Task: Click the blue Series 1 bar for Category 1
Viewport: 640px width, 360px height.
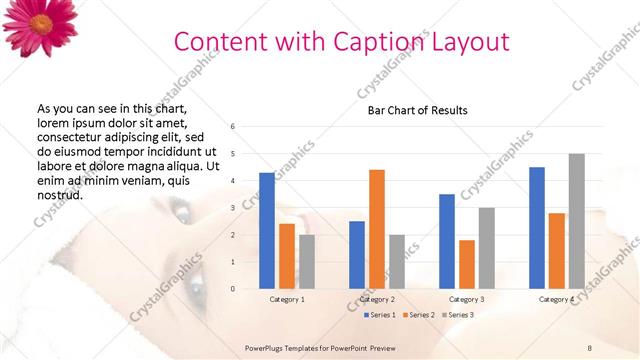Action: coord(267,231)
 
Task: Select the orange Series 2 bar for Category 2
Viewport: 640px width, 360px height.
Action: coord(377,229)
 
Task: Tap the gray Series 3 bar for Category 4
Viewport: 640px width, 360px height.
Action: coord(576,221)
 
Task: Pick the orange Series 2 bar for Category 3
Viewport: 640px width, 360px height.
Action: coord(467,264)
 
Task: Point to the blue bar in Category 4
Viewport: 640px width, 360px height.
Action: coord(537,228)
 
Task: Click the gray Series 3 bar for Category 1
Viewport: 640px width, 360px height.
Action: coord(307,262)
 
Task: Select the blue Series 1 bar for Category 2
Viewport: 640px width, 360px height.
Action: coord(357,255)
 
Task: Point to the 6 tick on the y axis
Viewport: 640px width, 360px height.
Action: coord(232,127)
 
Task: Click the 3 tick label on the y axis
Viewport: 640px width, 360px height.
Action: coord(232,208)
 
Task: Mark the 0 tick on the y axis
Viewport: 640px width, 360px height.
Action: coord(232,289)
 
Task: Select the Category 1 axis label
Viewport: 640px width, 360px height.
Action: coord(287,299)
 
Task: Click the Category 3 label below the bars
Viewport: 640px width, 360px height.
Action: coord(467,299)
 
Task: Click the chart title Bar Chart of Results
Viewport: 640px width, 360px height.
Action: coord(411,110)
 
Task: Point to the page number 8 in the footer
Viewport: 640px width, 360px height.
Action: coord(590,346)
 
